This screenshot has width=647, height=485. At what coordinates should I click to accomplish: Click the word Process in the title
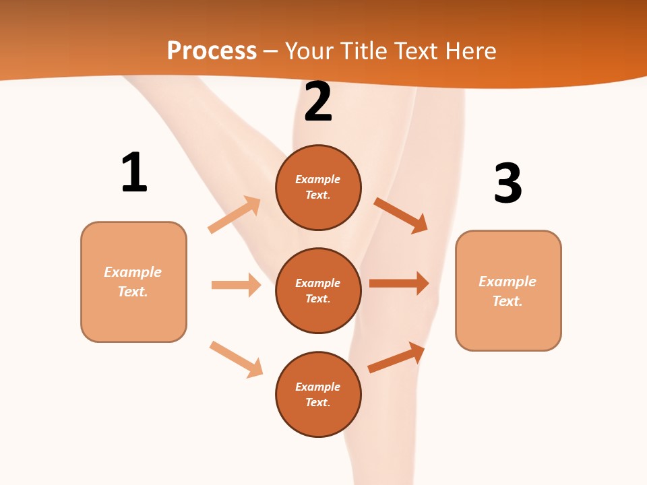click(212, 51)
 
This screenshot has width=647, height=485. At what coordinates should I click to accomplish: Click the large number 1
click(134, 172)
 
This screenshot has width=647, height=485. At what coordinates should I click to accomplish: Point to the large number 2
click(318, 102)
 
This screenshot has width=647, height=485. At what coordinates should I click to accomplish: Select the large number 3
click(507, 183)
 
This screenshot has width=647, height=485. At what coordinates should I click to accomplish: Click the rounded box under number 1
click(133, 282)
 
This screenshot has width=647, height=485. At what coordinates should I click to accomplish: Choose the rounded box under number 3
click(508, 290)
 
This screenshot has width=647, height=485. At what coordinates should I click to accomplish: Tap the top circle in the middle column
click(318, 187)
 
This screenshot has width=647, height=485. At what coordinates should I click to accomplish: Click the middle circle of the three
click(318, 291)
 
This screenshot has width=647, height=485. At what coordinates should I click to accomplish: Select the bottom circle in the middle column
click(318, 395)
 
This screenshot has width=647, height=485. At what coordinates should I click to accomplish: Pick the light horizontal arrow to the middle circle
click(236, 285)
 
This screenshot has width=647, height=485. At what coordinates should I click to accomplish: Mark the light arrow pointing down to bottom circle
click(236, 359)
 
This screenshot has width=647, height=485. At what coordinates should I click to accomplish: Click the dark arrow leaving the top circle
click(401, 215)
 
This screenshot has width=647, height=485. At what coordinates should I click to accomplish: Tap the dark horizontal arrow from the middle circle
click(399, 284)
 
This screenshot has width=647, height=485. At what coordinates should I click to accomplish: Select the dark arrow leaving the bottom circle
click(396, 357)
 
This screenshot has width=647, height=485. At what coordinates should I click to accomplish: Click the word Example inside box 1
click(133, 272)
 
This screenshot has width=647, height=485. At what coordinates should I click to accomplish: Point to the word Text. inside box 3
click(507, 301)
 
